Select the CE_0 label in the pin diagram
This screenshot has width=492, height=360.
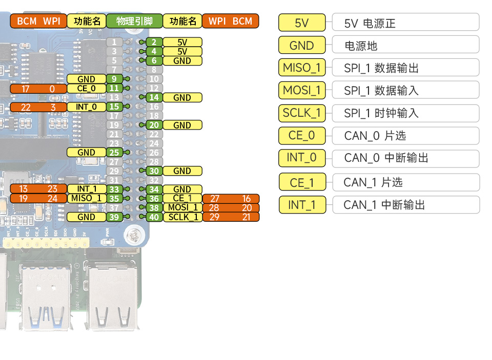pos(86,89)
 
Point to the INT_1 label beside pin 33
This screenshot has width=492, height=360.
pos(86,189)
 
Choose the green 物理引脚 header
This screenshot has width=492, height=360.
pos(134,21)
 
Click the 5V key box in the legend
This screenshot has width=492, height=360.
pos(302,23)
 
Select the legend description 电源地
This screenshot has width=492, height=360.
pos(405,46)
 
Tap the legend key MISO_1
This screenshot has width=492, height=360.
pos(302,68)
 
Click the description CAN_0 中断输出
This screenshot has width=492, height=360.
pos(405,158)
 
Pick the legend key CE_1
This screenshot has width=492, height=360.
pos(302,182)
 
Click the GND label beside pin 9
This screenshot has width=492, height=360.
pos(86,79)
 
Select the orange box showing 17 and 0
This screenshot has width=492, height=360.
pos(38,89)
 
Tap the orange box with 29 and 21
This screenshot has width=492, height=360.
pos(231,217)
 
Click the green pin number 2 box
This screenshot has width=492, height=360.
pos(154,42)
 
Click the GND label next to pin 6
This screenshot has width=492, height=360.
pos(182,60)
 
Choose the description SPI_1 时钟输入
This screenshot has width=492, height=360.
pos(405,113)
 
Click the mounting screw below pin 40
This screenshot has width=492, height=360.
pos(135,235)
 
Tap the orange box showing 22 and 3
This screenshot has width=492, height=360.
pos(38,107)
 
